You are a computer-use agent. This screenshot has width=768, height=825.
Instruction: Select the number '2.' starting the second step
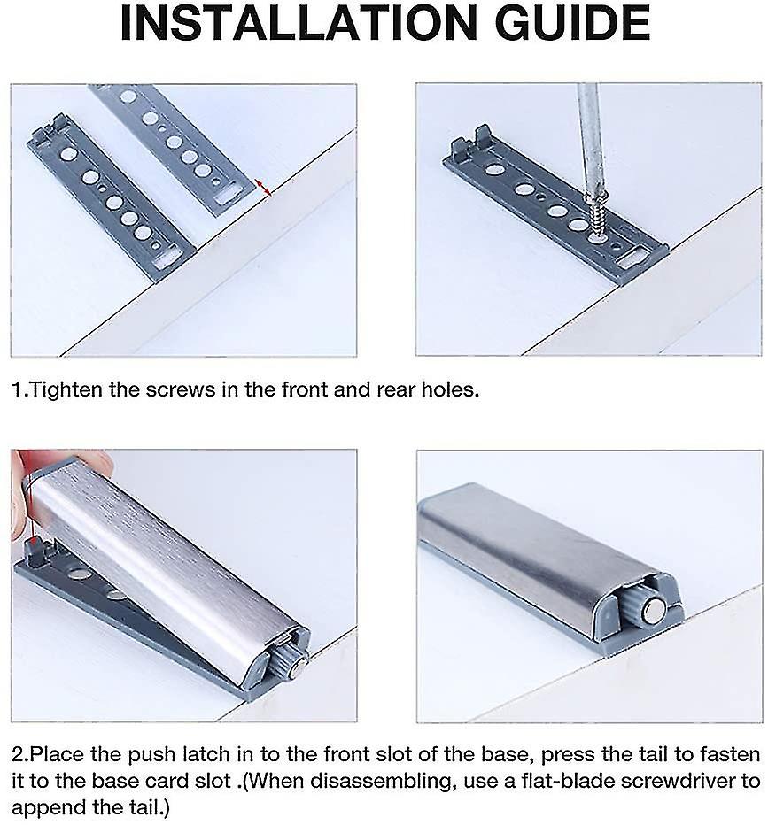click(20, 755)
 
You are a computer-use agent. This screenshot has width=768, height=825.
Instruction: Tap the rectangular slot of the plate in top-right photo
click(634, 257)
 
